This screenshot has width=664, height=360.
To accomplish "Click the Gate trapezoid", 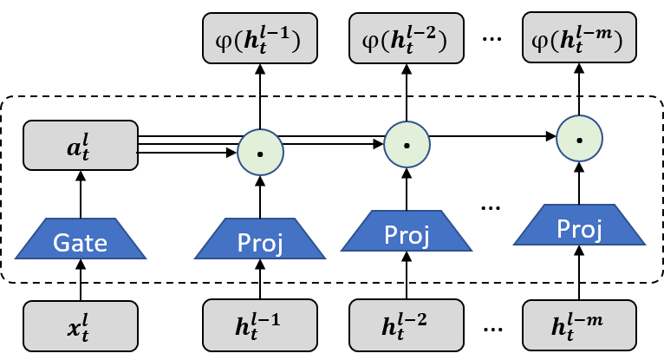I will (81, 239).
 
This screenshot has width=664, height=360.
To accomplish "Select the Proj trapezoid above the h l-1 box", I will (260, 239).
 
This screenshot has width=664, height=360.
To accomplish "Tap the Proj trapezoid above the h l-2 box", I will (407, 232).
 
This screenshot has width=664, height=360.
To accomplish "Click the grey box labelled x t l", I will (81, 325).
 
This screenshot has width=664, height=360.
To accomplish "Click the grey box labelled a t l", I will (81, 145).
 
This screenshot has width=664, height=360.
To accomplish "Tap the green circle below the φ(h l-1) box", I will (260, 154).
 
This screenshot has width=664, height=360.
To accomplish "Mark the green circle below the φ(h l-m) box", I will (579, 139).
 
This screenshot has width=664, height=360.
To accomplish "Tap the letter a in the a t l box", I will (75, 147).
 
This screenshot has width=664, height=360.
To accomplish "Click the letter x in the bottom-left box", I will (75, 328).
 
